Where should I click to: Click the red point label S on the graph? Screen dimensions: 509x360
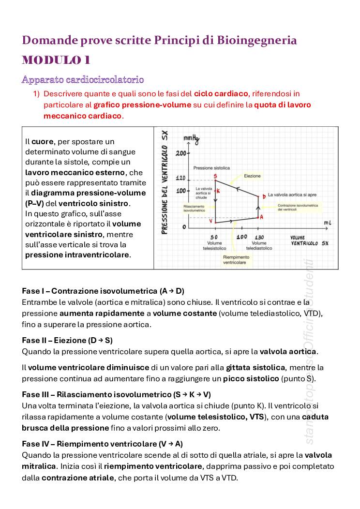214,176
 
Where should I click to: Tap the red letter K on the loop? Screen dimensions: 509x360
218,191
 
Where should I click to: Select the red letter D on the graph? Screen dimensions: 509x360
264,196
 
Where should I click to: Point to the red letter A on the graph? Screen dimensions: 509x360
261,217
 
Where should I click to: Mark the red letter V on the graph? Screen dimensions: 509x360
211,220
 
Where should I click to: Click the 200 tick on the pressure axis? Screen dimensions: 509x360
180,153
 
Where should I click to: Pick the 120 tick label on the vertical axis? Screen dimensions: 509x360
180,179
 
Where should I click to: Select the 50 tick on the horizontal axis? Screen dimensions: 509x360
214,237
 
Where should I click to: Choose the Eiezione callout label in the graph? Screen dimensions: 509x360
252,176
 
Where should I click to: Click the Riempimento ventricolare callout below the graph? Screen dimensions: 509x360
236,260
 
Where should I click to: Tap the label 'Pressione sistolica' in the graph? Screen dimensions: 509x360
211,168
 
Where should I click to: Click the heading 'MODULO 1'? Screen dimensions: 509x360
56,60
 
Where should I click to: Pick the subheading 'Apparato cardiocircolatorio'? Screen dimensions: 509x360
83,79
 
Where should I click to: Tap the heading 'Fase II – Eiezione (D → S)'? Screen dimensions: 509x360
67,340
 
